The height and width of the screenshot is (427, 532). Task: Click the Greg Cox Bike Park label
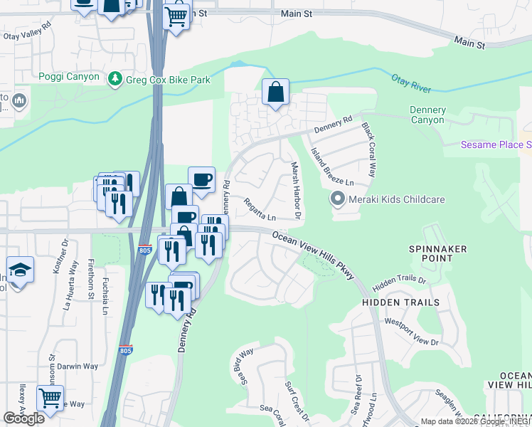pyautogui.click(x=168, y=80)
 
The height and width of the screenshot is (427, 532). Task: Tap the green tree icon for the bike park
pyautogui.click(x=114, y=79)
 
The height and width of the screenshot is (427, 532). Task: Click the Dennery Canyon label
pyautogui.click(x=428, y=115)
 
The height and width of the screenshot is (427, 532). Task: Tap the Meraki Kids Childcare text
pyautogui.click(x=396, y=199)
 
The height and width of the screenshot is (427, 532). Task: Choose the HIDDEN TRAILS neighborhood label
pyautogui.click(x=400, y=302)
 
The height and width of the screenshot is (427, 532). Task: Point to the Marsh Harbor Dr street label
pyautogui.click(x=296, y=189)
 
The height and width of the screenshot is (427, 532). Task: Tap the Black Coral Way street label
pyautogui.click(x=368, y=150)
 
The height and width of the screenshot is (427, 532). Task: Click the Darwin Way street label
pyautogui.click(x=78, y=367)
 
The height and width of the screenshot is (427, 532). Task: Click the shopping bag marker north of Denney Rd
pyautogui.click(x=275, y=93)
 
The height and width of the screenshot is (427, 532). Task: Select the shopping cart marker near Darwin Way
pyautogui.click(x=50, y=398)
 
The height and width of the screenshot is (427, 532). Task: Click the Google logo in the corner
pyautogui.click(x=23, y=418)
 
